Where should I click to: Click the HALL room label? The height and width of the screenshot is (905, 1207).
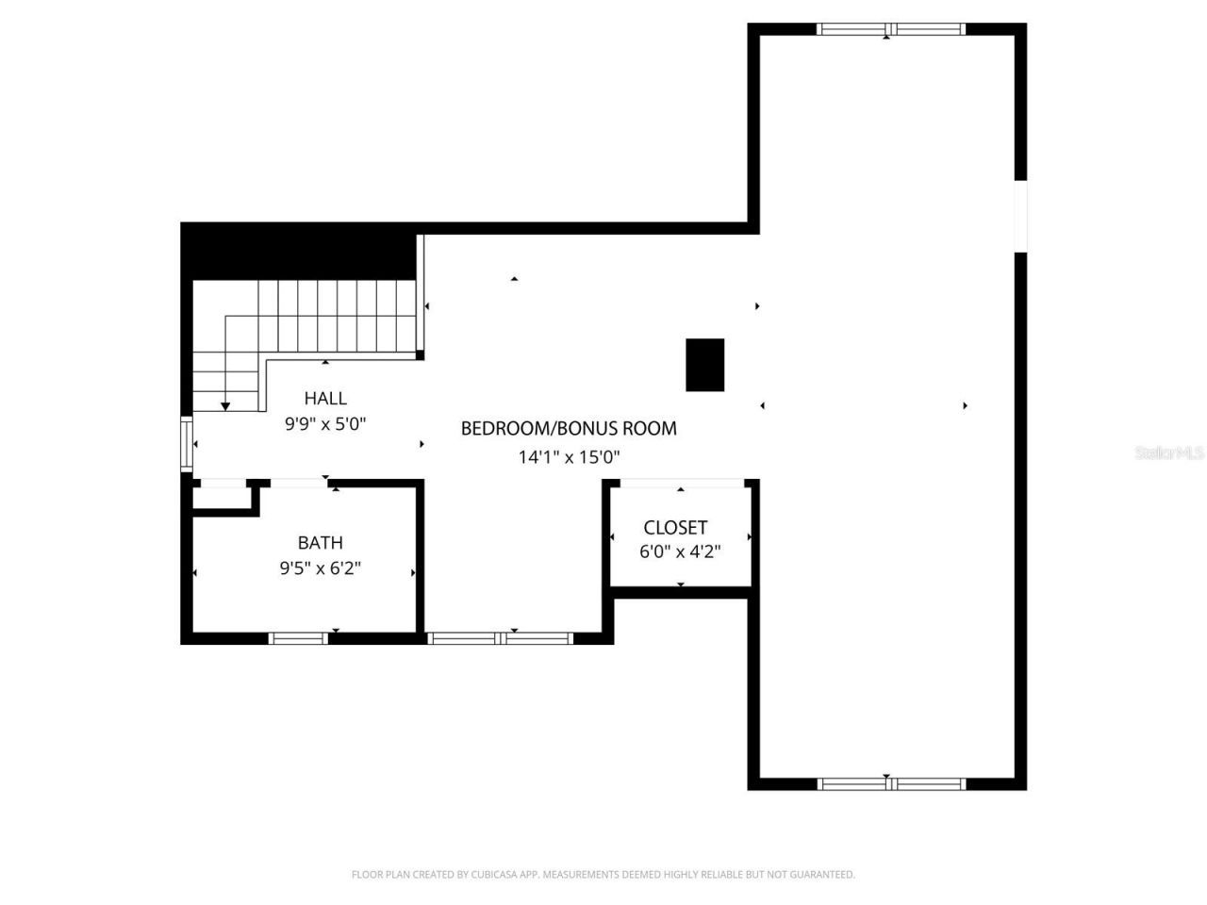point(325,399)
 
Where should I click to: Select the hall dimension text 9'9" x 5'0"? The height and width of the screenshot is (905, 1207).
point(325,424)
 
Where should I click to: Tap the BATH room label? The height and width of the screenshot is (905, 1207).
point(320,543)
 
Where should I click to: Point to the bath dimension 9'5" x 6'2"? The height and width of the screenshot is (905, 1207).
point(320,568)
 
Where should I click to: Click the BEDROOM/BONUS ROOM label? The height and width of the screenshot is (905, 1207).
point(568,429)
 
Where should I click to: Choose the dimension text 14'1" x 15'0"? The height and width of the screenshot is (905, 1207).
point(569,457)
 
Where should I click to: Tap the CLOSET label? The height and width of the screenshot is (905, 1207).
point(675,528)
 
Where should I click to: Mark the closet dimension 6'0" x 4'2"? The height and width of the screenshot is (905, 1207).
point(680,551)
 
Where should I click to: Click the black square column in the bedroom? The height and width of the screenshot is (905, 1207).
point(704,365)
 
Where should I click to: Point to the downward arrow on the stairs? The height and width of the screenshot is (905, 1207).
point(225,404)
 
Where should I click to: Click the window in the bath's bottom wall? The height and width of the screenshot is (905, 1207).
point(298,638)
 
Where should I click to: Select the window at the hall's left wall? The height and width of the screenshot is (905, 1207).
point(187,443)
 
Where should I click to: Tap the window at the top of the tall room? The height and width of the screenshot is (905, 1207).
point(891,29)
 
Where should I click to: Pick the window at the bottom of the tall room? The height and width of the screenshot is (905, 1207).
point(891,783)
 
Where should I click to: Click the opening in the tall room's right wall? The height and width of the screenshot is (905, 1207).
point(1020,216)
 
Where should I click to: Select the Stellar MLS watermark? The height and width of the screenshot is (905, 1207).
point(1169,453)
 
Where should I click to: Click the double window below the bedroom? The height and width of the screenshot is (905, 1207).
point(500,638)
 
